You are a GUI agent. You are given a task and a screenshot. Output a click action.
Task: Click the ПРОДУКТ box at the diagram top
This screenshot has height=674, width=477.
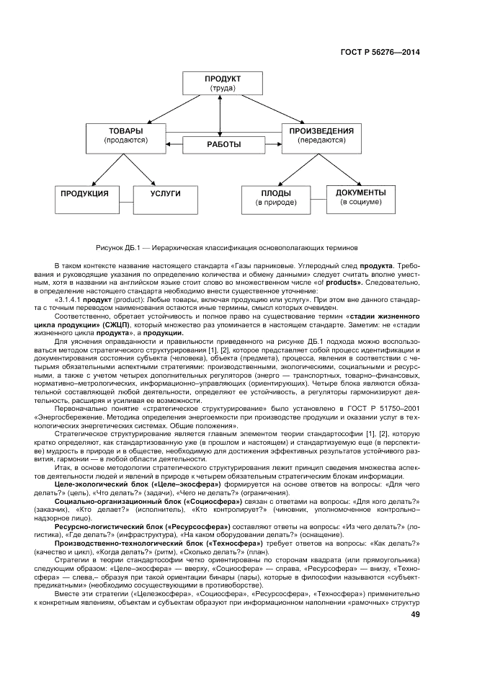(222, 83)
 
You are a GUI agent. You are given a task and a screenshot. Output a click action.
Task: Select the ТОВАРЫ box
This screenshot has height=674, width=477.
(126, 136)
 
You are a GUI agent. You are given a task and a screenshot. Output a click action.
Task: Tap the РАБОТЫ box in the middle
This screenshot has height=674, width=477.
(223, 145)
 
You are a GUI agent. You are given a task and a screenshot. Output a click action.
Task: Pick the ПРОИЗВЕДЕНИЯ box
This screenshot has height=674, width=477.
(321, 136)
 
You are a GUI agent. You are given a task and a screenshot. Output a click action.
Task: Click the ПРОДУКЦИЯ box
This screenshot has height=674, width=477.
(84, 198)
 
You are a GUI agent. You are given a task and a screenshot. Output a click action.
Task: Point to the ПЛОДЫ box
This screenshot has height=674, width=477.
(277, 198)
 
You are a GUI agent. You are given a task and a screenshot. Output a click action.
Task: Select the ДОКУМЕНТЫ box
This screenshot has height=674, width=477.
(361, 198)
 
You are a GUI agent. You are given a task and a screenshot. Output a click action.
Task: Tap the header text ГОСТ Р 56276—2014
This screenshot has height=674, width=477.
(380, 52)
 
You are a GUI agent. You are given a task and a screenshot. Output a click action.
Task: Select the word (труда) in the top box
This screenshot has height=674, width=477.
(223, 89)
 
